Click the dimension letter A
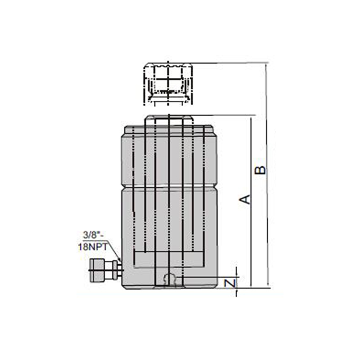tap(245, 199)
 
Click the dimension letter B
tap(261, 170)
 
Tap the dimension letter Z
tap(230, 283)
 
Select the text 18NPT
tap(93, 247)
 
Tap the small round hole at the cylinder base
tap(169, 278)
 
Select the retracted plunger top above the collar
tap(169, 120)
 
